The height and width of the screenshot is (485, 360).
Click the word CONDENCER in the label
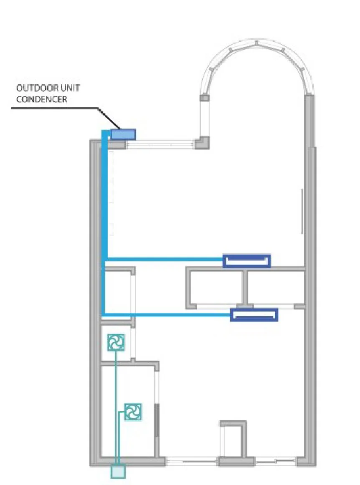[x=42, y=100]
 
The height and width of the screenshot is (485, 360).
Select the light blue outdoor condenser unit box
[x=123, y=134]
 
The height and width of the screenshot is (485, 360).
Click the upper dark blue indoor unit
[x=246, y=261]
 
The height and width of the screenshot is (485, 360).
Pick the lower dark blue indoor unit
[x=254, y=315]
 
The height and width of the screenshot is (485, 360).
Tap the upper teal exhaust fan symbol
[x=116, y=342]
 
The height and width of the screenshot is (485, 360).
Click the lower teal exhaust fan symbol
[x=133, y=412]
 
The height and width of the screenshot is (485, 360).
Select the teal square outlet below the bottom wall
[x=118, y=471]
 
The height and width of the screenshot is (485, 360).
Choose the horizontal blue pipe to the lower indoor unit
[x=167, y=314]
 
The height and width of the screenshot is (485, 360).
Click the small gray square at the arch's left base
[x=204, y=98]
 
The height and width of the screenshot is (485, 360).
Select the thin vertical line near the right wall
[x=302, y=211]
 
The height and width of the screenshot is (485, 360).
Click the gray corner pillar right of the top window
[x=204, y=143]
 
